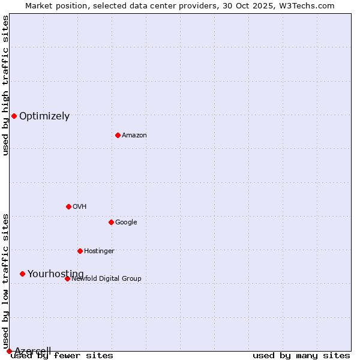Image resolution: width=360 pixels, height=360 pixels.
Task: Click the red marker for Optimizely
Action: pyautogui.click(x=14, y=116)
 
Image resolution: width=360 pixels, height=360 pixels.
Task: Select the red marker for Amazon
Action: pyautogui.click(x=118, y=135)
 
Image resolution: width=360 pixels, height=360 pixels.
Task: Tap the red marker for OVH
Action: pyautogui.click(x=68, y=206)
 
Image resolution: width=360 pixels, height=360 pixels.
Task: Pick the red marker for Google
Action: pyautogui.click(x=111, y=222)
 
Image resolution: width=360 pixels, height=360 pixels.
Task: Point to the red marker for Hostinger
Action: pyautogui.click(x=80, y=251)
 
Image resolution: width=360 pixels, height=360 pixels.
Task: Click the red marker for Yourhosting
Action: pyautogui.click(x=22, y=274)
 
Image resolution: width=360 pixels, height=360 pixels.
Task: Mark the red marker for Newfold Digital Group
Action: pyautogui.click(x=67, y=278)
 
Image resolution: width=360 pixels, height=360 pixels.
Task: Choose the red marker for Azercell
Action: pyautogui.click(x=9, y=351)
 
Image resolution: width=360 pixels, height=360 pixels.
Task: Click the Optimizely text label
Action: pyautogui.click(x=44, y=116)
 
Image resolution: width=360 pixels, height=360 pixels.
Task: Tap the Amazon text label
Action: pyautogui.click(x=134, y=136)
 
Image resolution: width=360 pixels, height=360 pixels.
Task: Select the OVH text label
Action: pyautogui.click(x=80, y=207)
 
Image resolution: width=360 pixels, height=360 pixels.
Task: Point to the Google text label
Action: pyautogui.click(x=126, y=223)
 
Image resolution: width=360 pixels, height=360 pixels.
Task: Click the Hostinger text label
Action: pyautogui.click(x=99, y=251)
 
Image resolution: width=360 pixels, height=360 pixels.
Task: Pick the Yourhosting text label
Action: pyautogui.click(x=56, y=274)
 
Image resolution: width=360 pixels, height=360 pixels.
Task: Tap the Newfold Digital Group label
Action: pyautogui.click(x=106, y=279)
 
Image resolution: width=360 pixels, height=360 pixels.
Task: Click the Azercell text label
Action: pyautogui.click(x=32, y=351)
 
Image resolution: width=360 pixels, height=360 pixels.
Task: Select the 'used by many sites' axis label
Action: pyautogui.click(x=301, y=356)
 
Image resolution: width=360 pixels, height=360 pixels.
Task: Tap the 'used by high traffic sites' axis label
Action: pyautogui.click(x=5, y=85)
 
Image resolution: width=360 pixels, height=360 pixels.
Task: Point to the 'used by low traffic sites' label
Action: pyautogui.click(x=5, y=281)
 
